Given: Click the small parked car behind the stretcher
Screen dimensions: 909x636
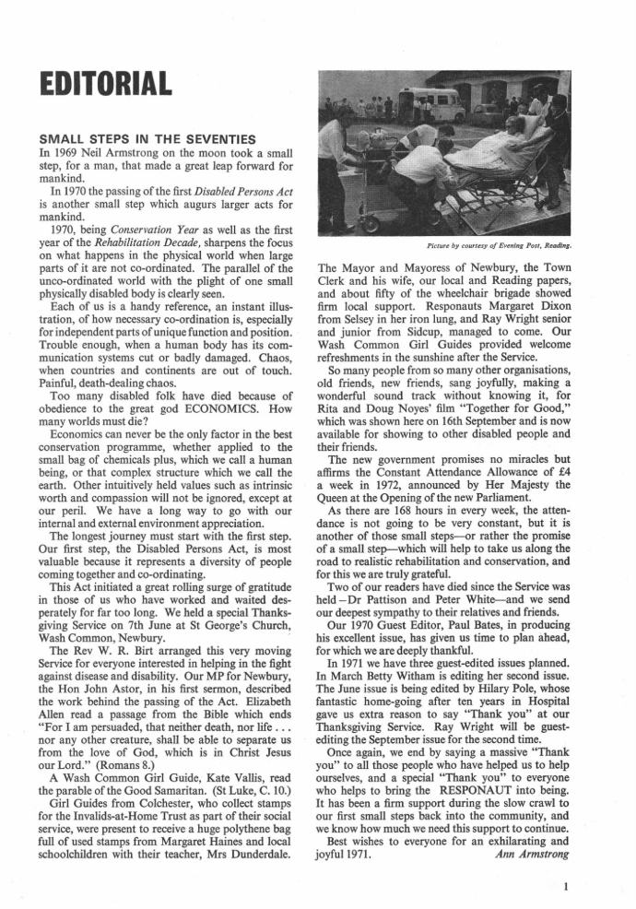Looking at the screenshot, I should [484, 111].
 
